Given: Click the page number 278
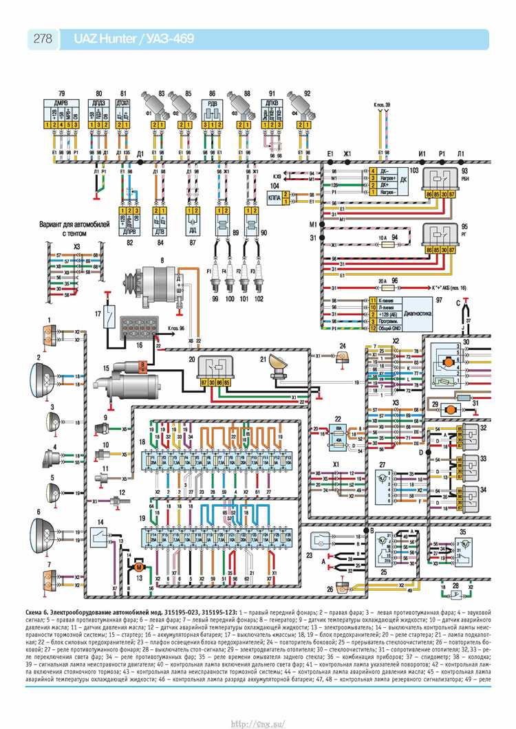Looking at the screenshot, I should [x=42, y=39].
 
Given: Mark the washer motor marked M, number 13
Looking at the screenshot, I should [x=138, y=567].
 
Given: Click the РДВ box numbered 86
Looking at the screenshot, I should [x=212, y=113].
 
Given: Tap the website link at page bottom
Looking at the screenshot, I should [x=258, y=722].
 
